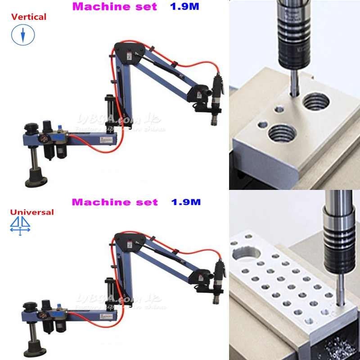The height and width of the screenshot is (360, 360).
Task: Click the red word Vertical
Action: (x=29, y=17)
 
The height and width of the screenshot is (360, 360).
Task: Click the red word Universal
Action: (x=31, y=212)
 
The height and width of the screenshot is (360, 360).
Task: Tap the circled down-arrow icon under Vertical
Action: (x=23, y=35)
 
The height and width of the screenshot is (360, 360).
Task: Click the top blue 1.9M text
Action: (x=184, y=7)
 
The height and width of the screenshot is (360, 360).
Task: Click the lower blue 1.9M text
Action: (x=186, y=202)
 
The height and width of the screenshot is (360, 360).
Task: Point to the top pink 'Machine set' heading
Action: (x=114, y=7)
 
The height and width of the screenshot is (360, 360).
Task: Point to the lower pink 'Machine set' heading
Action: (x=115, y=202)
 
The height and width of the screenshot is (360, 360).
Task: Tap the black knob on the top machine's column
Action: (x=30, y=128)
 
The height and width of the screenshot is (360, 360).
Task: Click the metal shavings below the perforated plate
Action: (x=337, y=349)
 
